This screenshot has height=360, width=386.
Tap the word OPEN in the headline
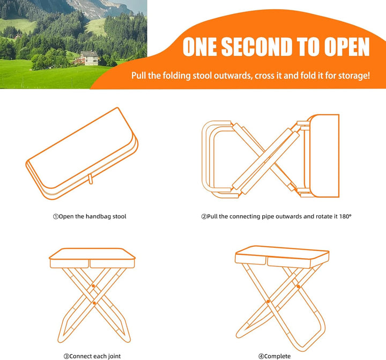point(347,47)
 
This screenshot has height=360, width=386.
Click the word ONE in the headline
point(199,47)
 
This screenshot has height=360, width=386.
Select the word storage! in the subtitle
point(354,76)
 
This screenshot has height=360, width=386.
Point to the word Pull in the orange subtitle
point(139,76)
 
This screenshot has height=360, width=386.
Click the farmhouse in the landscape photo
point(89,58)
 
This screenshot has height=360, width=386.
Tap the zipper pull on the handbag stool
point(91,179)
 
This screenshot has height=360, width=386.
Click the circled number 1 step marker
point(56,217)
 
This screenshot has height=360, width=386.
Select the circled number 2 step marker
point(204,217)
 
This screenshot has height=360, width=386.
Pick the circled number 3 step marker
point(66,356)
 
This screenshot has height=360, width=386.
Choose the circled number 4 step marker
point(261,356)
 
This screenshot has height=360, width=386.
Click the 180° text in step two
point(345,216)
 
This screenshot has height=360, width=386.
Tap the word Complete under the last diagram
point(278,356)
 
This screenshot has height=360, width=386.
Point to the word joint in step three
point(114,356)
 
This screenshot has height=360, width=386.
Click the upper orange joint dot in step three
point(93,286)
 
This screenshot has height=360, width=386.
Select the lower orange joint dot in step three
point(94,303)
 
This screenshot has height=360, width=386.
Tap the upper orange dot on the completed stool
point(298,286)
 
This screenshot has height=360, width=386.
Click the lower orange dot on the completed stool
point(269,302)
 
